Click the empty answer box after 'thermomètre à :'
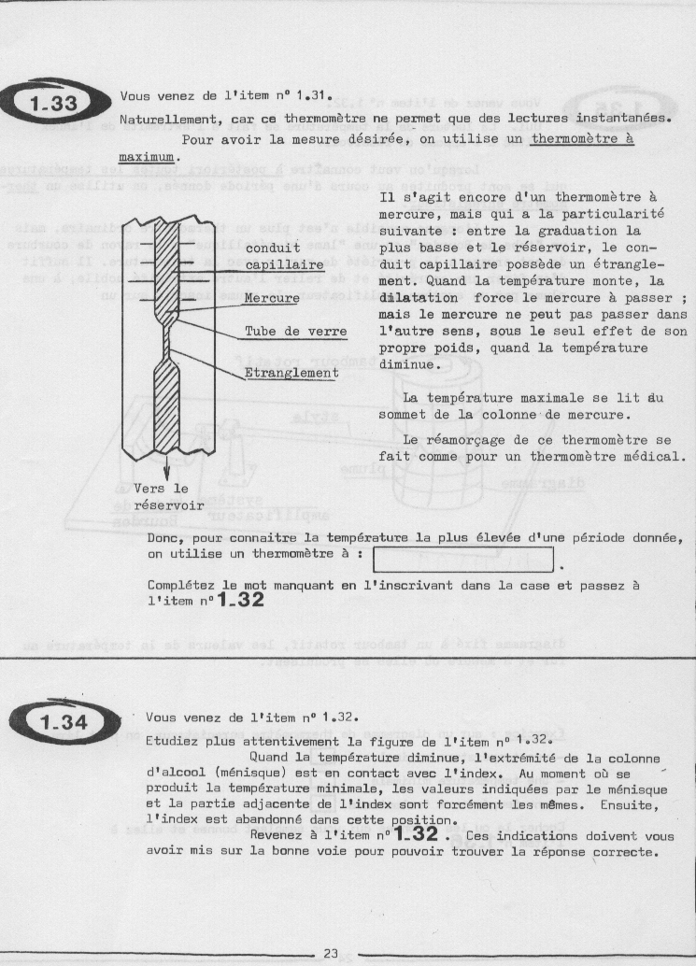[x=463, y=559]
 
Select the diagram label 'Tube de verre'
[x=295, y=332]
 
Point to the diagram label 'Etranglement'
[x=291, y=373]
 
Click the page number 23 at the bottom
[x=330, y=952]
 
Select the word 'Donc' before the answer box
[x=164, y=538]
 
